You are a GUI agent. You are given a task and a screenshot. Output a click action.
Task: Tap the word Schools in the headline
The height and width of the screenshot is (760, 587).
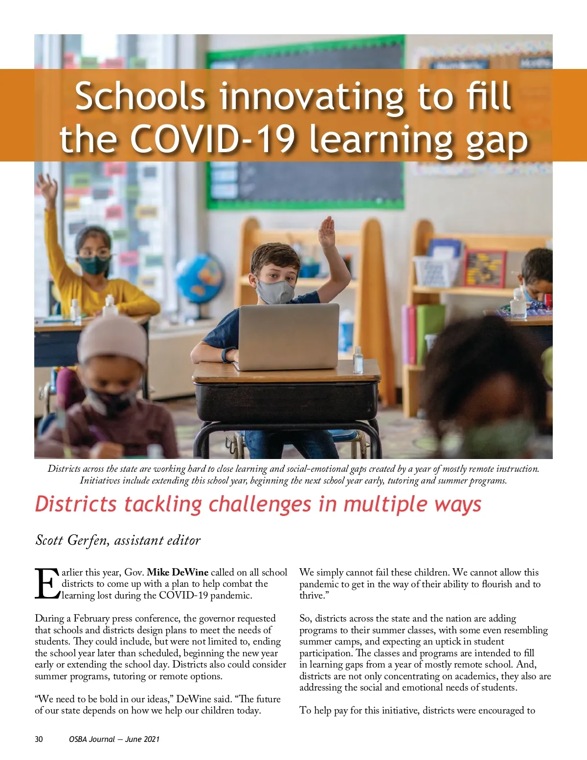[140, 96]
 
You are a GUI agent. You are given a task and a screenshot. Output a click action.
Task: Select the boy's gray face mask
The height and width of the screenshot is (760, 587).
[275, 292]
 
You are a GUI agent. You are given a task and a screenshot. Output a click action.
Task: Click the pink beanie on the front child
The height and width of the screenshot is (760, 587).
[112, 338]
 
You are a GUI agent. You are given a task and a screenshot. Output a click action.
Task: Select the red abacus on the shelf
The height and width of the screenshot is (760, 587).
[485, 269]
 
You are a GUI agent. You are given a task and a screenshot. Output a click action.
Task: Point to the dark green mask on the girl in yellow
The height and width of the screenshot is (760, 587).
[94, 265]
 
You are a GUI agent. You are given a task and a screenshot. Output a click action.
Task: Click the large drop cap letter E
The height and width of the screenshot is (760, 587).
[47, 584]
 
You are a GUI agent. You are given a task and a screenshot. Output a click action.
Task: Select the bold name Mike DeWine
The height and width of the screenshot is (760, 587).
[178, 572]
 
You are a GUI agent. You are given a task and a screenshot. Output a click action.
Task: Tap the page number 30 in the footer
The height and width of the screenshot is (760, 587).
[39, 739]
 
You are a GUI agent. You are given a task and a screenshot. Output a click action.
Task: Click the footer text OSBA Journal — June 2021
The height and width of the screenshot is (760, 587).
[114, 739]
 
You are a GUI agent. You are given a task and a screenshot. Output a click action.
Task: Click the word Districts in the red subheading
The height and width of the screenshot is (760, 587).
[76, 504]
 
